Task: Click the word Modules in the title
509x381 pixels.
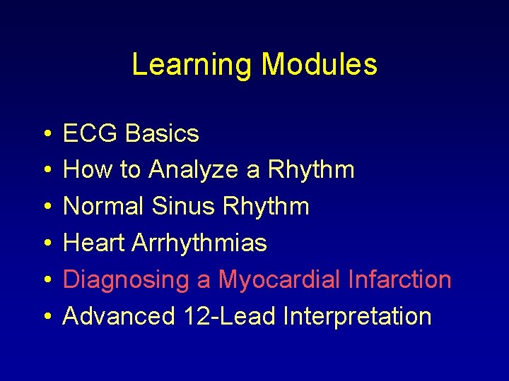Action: (319, 64)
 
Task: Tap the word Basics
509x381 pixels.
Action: (163, 133)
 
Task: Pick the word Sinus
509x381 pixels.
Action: (185, 207)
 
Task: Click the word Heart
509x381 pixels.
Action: (95, 243)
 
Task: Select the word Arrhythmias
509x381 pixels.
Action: (200, 243)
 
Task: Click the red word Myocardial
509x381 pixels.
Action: (280, 280)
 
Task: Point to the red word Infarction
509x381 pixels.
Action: (399, 280)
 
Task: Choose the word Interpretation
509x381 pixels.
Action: (357, 317)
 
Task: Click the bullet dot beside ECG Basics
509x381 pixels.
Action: (45, 134)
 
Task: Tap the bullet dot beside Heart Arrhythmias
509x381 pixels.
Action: (45, 244)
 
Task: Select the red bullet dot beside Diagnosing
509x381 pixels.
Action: (45, 281)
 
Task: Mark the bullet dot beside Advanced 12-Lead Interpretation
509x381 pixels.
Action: (45, 317)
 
